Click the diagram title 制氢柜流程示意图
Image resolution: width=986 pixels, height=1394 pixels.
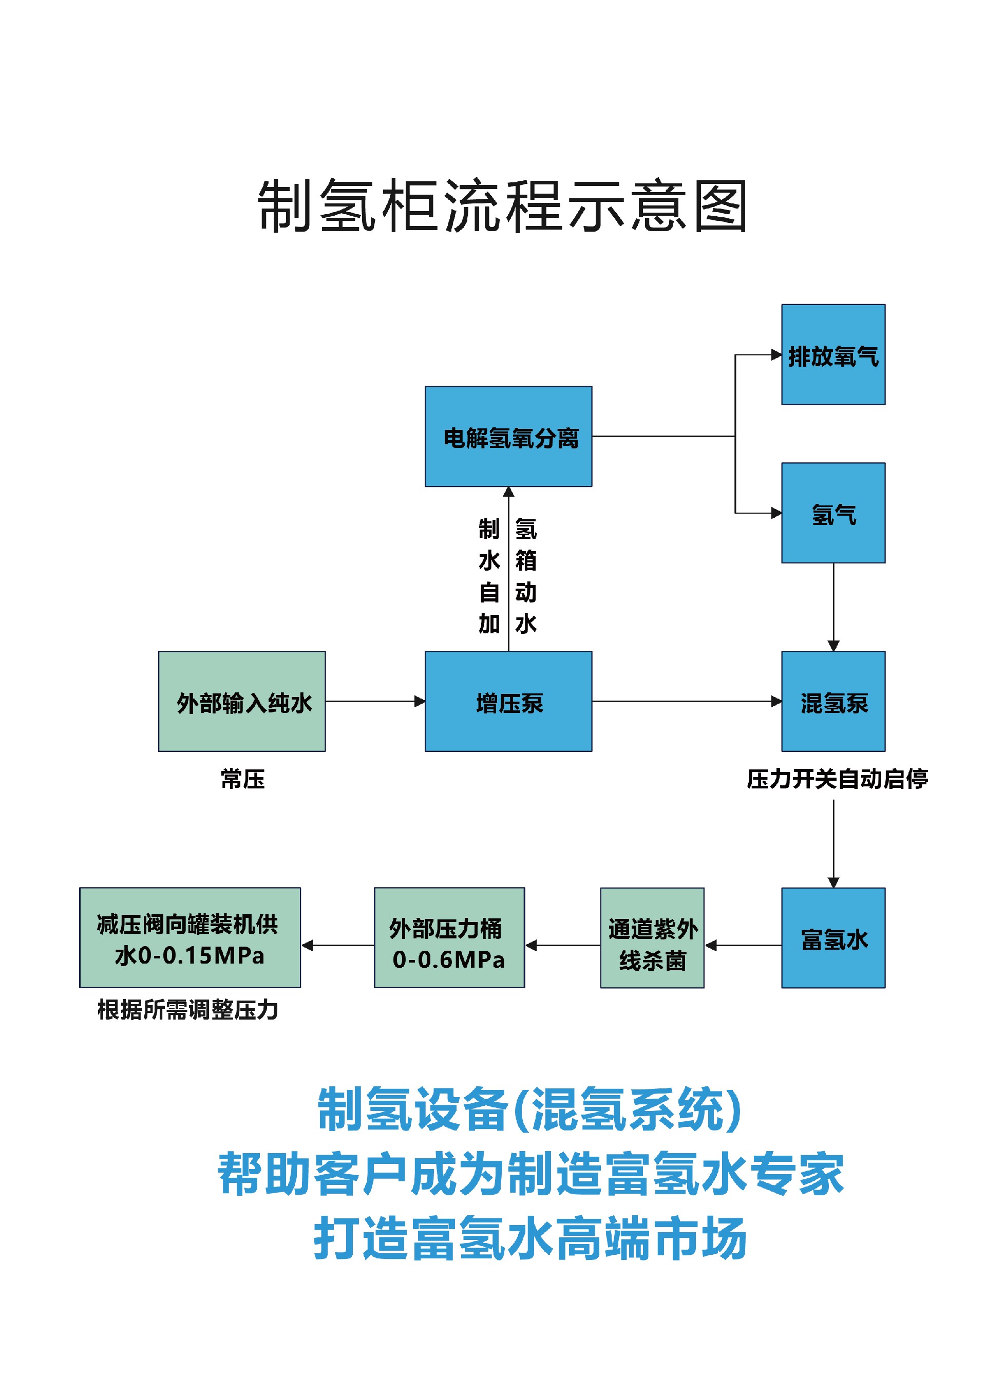pyautogui.click(x=502, y=206)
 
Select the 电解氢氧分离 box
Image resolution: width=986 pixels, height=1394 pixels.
pyautogui.click(x=508, y=436)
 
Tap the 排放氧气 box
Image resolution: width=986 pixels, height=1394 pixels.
pyautogui.click(x=833, y=354)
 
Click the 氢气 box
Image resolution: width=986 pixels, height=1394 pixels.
pyautogui.click(x=833, y=513)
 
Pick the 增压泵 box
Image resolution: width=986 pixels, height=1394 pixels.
pyautogui.click(x=508, y=701)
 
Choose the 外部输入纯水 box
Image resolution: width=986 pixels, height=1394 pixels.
pyautogui.click(x=242, y=701)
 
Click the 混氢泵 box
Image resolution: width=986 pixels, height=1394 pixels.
pyautogui.click(x=833, y=701)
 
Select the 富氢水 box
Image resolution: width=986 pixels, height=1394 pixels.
pyautogui.click(x=833, y=938)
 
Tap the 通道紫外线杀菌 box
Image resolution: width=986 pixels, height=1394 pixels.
pyautogui.click(x=652, y=938)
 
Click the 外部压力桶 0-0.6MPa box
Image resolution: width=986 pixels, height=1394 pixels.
pyautogui.click(x=449, y=938)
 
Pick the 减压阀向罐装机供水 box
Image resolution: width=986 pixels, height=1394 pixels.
pyautogui.click(x=190, y=938)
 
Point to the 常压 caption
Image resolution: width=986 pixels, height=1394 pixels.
pyautogui.click(x=243, y=779)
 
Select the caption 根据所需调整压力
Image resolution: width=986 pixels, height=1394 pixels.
pyautogui.click(x=187, y=1010)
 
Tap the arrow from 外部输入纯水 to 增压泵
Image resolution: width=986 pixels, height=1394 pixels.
pyautogui.click(x=375, y=701)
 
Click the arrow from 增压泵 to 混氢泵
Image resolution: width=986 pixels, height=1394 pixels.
pyautogui.click(x=687, y=701)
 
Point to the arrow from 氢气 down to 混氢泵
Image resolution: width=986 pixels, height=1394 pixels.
pyautogui.click(x=833, y=607)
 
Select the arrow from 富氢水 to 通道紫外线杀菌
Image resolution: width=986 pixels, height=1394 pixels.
pyautogui.click(x=743, y=945)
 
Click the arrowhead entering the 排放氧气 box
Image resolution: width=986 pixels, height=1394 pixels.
pyautogui.click(x=776, y=354)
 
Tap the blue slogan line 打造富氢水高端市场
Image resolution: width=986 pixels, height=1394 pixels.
pyautogui.click(x=529, y=1238)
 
